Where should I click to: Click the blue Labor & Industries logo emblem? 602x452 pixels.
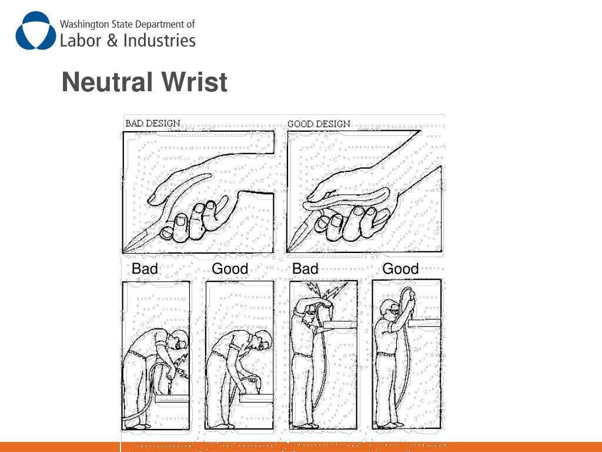click(36, 31)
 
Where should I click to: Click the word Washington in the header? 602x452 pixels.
click(85, 24)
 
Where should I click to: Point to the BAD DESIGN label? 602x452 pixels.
click(153, 124)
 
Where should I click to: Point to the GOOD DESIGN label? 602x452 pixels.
click(319, 124)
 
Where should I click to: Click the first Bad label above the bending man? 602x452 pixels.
click(145, 268)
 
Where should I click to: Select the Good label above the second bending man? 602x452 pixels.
click(230, 268)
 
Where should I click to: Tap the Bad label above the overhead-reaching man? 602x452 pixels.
click(305, 268)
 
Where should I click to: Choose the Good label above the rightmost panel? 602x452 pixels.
click(400, 268)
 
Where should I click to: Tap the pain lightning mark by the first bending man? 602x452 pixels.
click(180, 365)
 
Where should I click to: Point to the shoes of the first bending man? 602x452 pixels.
click(138, 426)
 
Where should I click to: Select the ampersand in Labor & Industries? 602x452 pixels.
click(112, 41)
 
